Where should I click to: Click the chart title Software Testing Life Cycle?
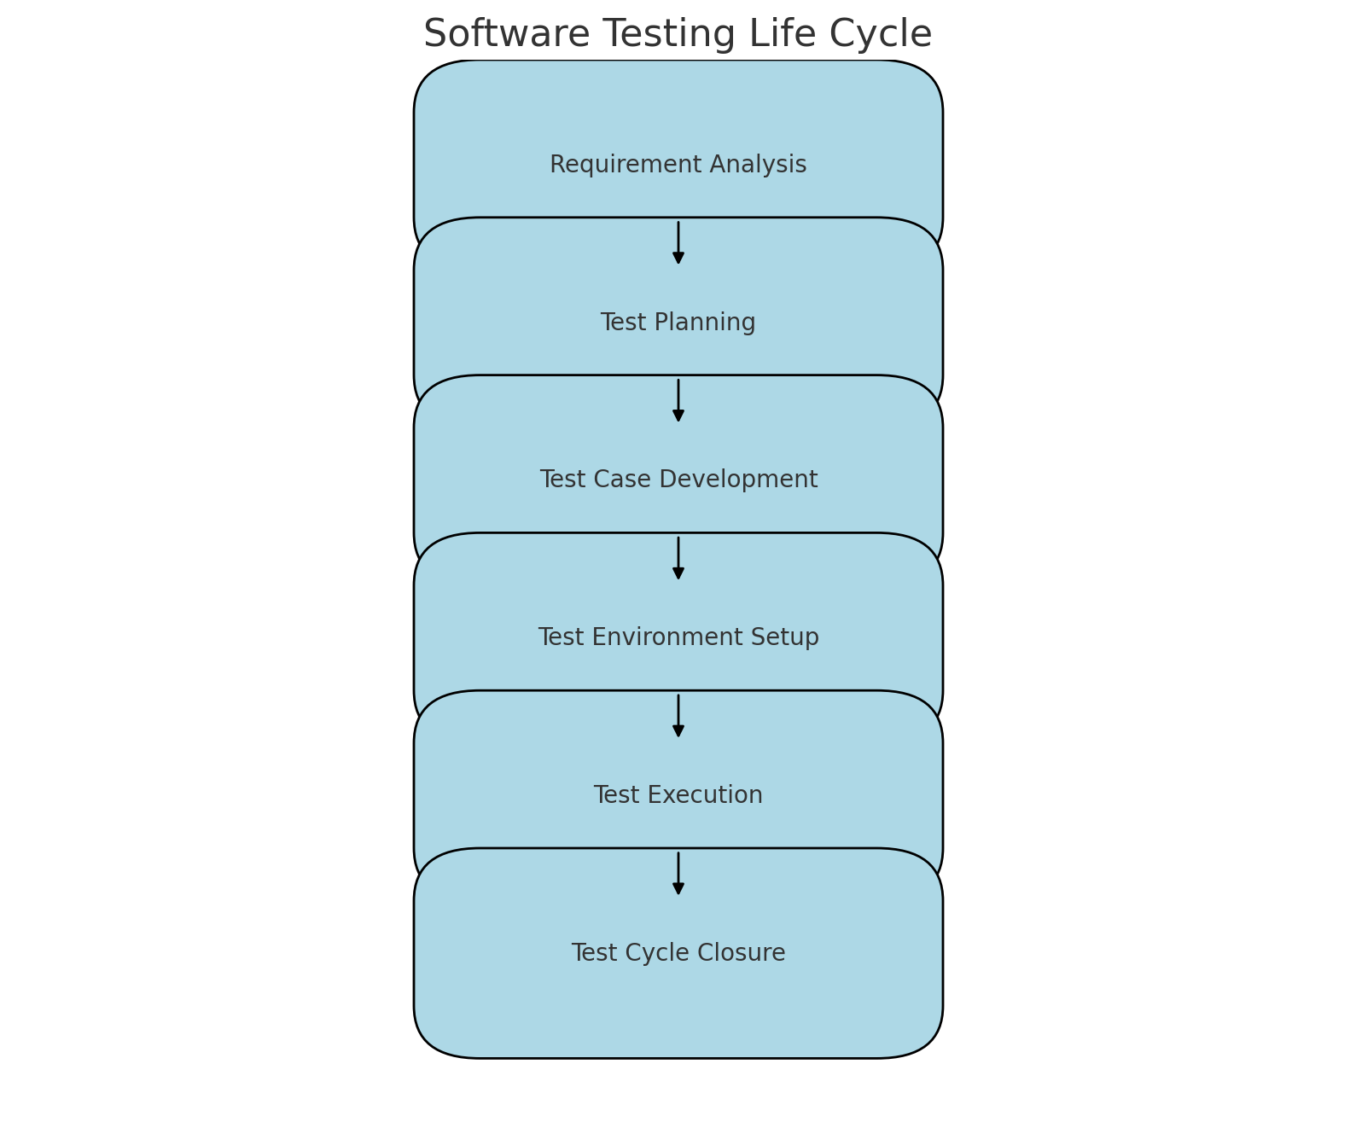tap(678, 35)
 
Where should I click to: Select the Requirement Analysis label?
tap(678, 165)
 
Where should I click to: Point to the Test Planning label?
tap(678, 323)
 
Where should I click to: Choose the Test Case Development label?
tap(678, 480)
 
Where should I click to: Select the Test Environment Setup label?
tap(678, 637)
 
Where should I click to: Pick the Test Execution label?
tap(678, 795)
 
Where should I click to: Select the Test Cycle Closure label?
tap(678, 953)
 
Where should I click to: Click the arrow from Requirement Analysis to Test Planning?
tap(678, 242)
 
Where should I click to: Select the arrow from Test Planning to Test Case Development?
tap(678, 400)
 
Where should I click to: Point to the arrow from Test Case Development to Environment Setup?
tap(678, 558)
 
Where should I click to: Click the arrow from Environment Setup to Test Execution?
tap(678, 716)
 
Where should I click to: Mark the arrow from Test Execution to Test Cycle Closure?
tap(678, 873)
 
